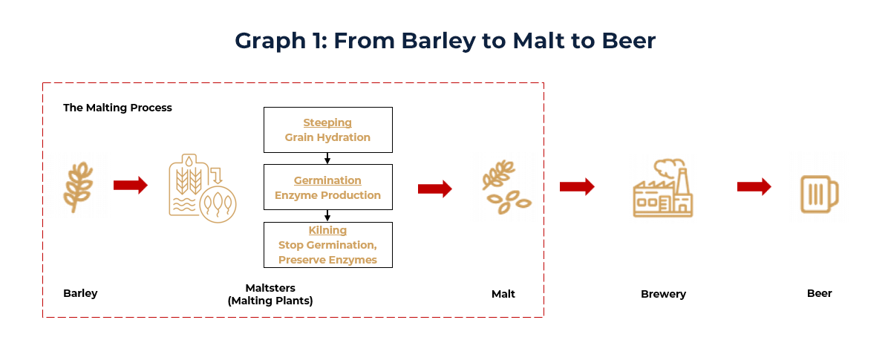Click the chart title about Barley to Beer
(x=445, y=40)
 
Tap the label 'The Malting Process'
(x=117, y=108)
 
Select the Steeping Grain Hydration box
(x=327, y=130)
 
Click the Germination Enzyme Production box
(x=327, y=188)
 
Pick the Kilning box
(x=327, y=245)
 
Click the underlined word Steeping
(x=327, y=122)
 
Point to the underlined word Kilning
(x=327, y=230)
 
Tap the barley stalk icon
(x=80, y=186)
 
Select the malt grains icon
(x=504, y=186)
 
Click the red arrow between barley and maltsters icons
(x=131, y=186)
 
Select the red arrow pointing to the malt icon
(x=435, y=189)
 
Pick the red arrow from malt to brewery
(x=577, y=186)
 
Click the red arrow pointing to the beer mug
(x=754, y=186)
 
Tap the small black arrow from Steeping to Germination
(x=327, y=158)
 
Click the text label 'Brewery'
(x=663, y=294)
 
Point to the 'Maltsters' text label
(x=270, y=288)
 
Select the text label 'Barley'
(x=80, y=293)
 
